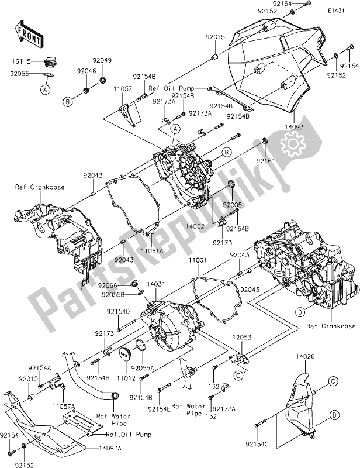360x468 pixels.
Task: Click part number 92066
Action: pos(107,285)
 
